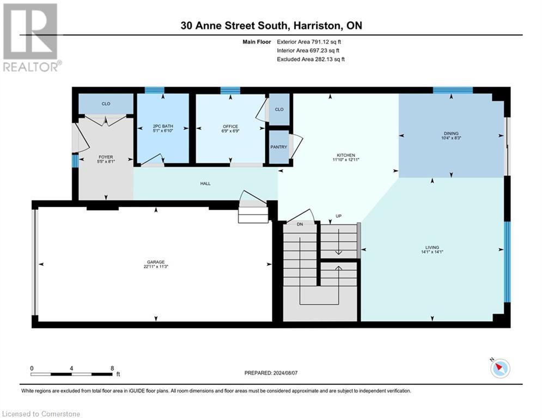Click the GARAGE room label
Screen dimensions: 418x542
[155, 262]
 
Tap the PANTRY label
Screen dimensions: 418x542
[278, 147]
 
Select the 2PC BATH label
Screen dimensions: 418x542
[162, 126]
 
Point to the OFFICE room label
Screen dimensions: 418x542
[231, 126]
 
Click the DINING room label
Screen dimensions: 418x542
[451, 133]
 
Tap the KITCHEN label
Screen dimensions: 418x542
[346, 155]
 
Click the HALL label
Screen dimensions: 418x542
[205, 183]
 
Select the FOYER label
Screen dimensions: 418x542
[106, 157]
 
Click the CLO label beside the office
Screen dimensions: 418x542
[279, 109]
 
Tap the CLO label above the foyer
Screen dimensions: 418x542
[106, 103]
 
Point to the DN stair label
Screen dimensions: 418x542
[300, 224]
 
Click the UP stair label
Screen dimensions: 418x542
[338, 216]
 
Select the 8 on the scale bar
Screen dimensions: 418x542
[112, 368]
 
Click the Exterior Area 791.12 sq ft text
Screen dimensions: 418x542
[311, 41]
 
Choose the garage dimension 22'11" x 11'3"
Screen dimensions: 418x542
[155, 267]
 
